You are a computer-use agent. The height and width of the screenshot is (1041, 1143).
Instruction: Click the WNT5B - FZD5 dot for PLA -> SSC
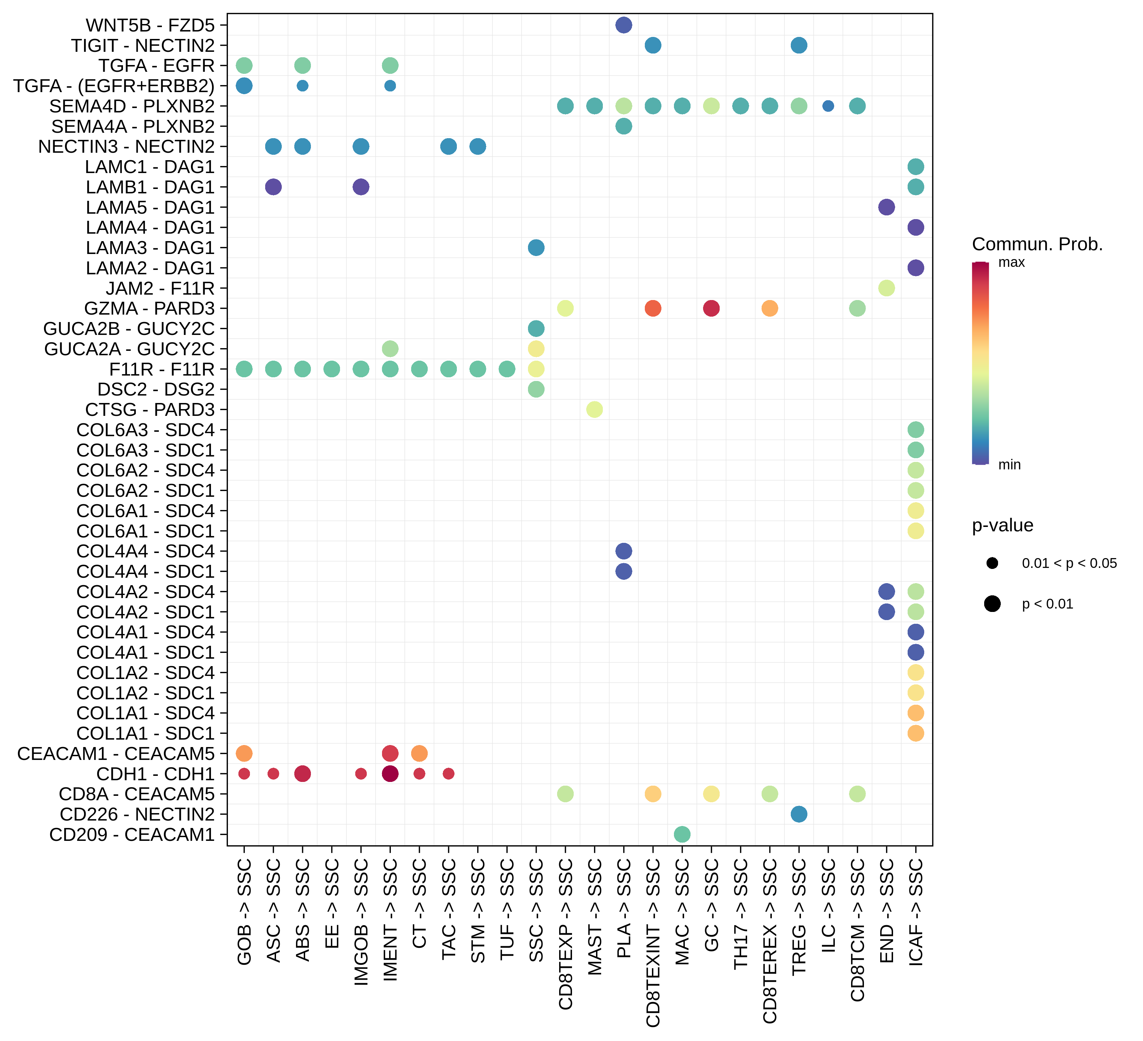624,25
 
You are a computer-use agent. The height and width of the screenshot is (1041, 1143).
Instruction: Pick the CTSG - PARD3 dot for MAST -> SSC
594,409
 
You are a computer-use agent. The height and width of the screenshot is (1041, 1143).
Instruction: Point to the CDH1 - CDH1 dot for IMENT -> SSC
390,773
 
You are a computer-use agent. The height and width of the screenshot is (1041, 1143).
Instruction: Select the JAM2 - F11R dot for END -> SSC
886,288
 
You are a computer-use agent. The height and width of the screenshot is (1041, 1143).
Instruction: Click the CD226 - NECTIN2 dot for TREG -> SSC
799,814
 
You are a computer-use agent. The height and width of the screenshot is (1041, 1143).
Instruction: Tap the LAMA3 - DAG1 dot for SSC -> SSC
536,248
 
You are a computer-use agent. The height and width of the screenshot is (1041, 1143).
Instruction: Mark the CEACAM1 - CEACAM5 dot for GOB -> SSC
244,753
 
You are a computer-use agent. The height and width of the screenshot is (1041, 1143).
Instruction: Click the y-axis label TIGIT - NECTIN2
143,45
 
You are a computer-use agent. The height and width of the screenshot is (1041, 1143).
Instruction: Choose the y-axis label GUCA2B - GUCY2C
129,329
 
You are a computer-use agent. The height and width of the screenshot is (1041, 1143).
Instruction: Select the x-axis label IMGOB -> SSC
361,921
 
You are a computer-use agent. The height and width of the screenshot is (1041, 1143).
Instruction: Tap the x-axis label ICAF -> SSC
916,911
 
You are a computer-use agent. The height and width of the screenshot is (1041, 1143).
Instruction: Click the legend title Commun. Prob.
1037,245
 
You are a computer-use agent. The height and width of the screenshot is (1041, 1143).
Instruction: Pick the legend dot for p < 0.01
992,604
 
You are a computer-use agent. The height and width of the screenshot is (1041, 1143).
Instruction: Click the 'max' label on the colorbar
1012,262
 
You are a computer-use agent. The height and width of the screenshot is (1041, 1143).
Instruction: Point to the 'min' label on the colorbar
1009,465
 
